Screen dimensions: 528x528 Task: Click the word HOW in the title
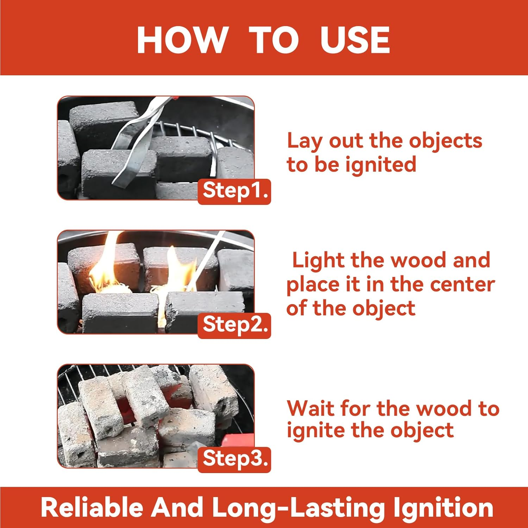point(182,40)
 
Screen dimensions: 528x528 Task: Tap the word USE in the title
point(355,40)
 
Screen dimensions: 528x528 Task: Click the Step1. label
point(235,191)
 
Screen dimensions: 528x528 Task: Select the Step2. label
point(235,325)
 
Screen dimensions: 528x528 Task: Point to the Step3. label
point(235,459)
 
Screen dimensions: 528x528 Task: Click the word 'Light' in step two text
point(318,260)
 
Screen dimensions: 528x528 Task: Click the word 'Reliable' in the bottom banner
point(92,508)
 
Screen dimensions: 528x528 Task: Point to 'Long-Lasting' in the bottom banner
point(298,508)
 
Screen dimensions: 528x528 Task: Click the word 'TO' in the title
point(274,40)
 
